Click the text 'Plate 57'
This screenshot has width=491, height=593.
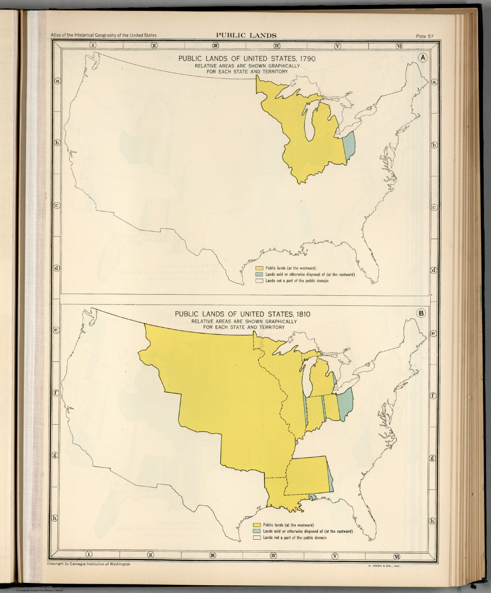425,36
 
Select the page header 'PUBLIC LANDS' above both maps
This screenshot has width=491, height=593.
246,35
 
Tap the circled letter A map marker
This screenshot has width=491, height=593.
423,58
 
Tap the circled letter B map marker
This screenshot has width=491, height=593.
422,313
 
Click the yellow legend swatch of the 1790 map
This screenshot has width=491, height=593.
259,268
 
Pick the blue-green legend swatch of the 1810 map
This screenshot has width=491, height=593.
257,531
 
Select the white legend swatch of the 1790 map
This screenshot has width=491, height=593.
259,281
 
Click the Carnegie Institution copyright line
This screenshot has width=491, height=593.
88,564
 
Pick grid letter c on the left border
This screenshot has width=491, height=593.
56,205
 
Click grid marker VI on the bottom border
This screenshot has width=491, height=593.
396,556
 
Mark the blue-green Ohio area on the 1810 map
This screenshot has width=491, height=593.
345,403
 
